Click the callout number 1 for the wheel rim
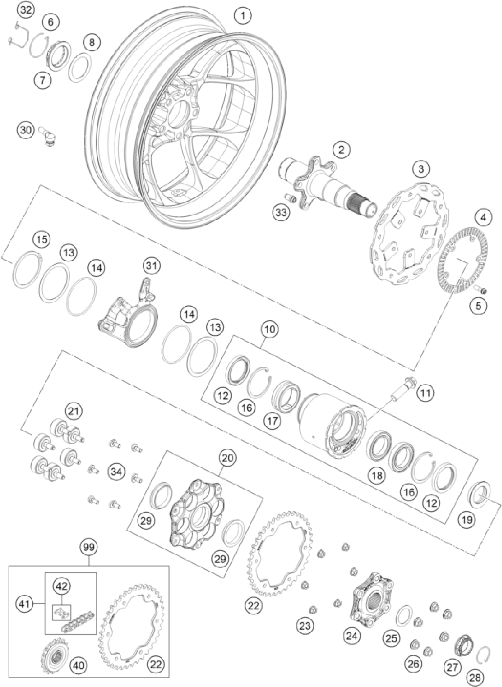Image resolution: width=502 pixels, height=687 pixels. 243,16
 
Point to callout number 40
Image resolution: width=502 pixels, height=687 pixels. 78,665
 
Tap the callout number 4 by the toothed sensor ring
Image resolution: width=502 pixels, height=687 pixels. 483,218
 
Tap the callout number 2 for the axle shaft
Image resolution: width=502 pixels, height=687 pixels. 341,150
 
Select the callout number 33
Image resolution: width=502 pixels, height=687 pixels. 281,212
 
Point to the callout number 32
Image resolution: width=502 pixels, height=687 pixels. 26,10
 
